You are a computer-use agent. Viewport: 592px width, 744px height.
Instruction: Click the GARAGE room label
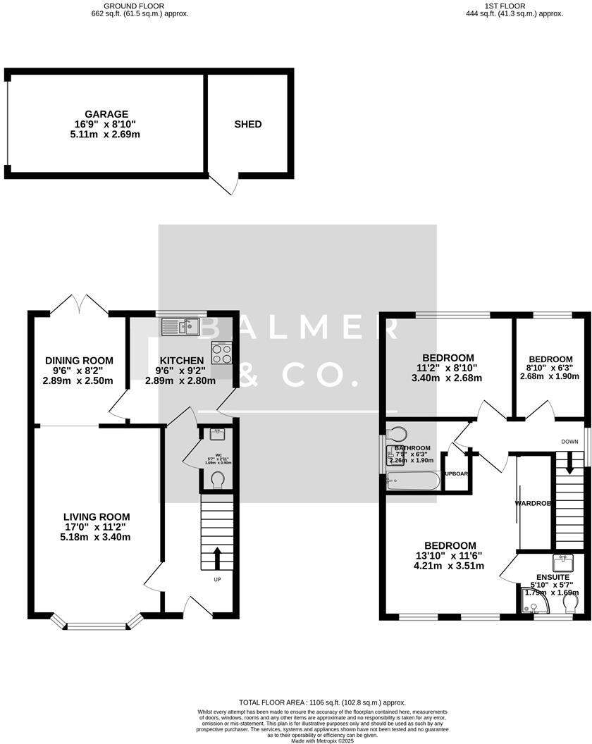(106, 114)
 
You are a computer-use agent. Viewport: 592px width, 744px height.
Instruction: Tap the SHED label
(248, 124)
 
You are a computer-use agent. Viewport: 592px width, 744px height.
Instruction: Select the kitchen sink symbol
(181, 327)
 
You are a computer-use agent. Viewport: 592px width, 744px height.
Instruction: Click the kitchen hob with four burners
(223, 353)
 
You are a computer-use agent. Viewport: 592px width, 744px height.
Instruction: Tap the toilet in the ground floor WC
(218, 480)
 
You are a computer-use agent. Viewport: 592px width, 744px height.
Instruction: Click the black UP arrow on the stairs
(216, 558)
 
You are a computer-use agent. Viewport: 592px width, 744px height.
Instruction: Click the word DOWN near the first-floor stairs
(569, 442)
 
